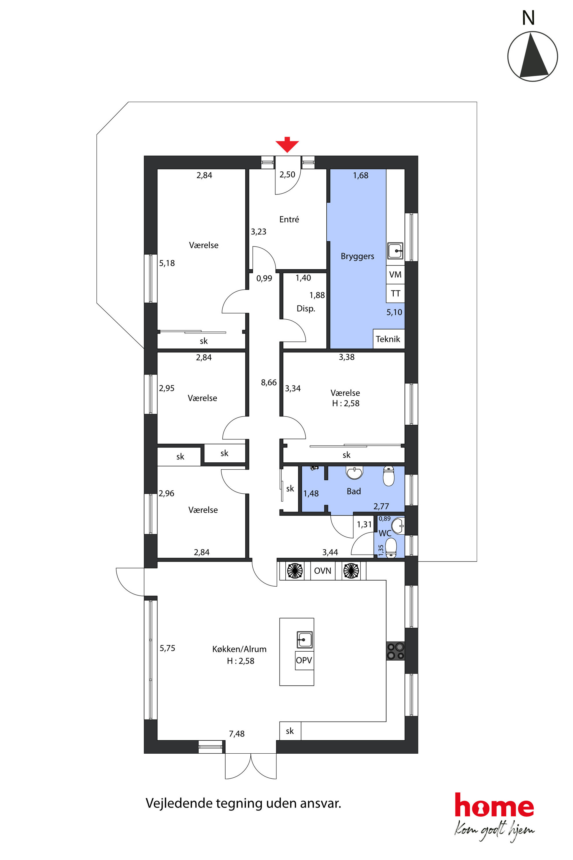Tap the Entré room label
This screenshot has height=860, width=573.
click(289, 219)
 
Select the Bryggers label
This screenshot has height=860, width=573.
click(357, 256)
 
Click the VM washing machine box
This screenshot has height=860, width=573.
click(395, 275)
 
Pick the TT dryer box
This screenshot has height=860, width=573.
click(395, 294)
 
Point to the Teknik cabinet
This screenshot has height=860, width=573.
click(388, 339)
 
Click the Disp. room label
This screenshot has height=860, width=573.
click(306, 309)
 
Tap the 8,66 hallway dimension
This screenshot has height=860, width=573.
click(269, 383)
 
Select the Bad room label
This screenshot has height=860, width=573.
click(354, 492)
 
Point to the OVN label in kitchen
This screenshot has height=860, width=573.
click(323, 571)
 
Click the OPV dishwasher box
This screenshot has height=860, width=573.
click(304, 660)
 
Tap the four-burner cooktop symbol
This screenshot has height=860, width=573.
click(395, 651)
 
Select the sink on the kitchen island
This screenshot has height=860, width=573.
click(304, 640)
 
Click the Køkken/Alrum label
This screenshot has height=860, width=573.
click(239, 649)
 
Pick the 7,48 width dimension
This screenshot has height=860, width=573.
click(237, 734)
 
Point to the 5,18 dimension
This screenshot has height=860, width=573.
click(167, 263)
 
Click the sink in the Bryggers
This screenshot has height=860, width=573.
click(395, 251)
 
